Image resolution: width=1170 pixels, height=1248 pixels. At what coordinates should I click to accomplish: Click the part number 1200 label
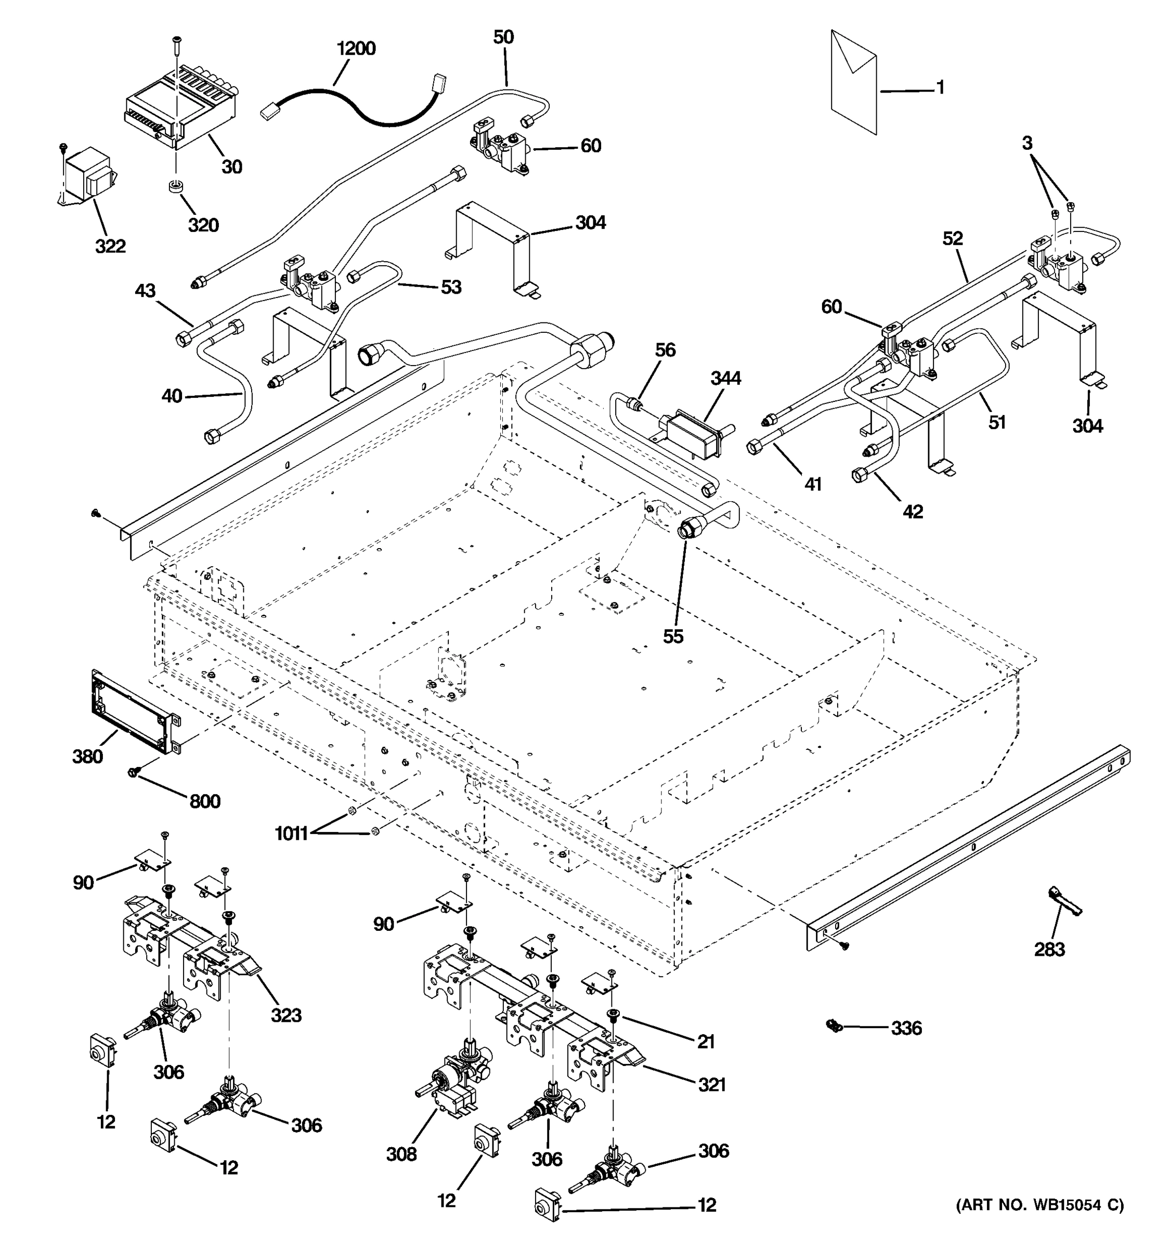point(356,48)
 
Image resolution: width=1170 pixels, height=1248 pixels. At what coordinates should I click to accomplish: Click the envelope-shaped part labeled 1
point(853,82)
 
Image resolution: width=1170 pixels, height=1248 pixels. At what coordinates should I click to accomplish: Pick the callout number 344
point(725,378)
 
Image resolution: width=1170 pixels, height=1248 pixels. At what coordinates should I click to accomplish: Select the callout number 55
point(673,636)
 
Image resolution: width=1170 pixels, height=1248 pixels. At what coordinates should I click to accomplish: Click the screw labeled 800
point(134,772)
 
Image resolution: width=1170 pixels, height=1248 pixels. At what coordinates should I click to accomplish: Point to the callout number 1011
point(291,834)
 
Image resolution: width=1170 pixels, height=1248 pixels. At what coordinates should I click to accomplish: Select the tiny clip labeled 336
point(834,1026)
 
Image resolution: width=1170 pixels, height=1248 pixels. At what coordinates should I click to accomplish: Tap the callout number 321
point(712,1084)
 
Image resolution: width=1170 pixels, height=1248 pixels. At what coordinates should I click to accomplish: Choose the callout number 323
point(285,1015)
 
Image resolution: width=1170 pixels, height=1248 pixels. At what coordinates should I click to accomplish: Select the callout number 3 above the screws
point(1027,143)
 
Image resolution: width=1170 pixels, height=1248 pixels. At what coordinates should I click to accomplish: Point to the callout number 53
point(451,287)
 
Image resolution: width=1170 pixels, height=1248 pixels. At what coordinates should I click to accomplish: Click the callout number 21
point(706,1042)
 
